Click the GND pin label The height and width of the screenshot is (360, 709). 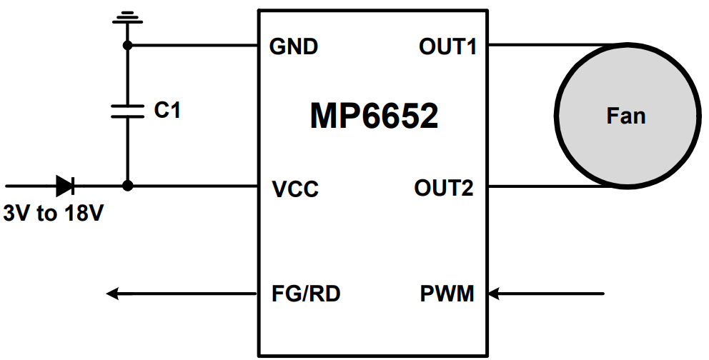pyautogui.click(x=293, y=47)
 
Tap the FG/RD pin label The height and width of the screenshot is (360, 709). pyautogui.click(x=306, y=293)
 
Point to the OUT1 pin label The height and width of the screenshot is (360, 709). pyautogui.click(x=447, y=47)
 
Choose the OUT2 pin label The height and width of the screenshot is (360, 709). pyautogui.click(x=444, y=189)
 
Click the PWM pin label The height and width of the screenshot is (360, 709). pyautogui.click(x=447, y=293)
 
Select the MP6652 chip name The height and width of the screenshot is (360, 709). pyautogui.click(x=374, y=116)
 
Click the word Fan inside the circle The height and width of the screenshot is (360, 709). pyautogui.click(x=625, y=116)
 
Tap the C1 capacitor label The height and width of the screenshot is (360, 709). pyautogui.click(x=167, y=110)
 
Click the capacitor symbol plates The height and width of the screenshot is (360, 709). pyautogui.click(x=128, y=110)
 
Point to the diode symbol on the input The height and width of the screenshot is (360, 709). pyautogui.click(x=65, y=186)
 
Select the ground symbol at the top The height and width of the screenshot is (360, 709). pyautogui.click(x=128, y=17)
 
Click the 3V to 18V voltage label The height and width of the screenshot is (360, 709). pyautogui.click(x=54, y=213)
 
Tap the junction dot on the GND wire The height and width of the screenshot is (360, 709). pyautogui.click(x=128, y=46)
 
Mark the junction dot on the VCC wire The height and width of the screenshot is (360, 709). pyautogui.click(x=128, y=186)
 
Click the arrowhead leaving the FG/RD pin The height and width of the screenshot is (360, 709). pyautogui.click(x=113, y=293)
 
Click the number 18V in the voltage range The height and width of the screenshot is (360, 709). pyautogui.click(x=85, y=213)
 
